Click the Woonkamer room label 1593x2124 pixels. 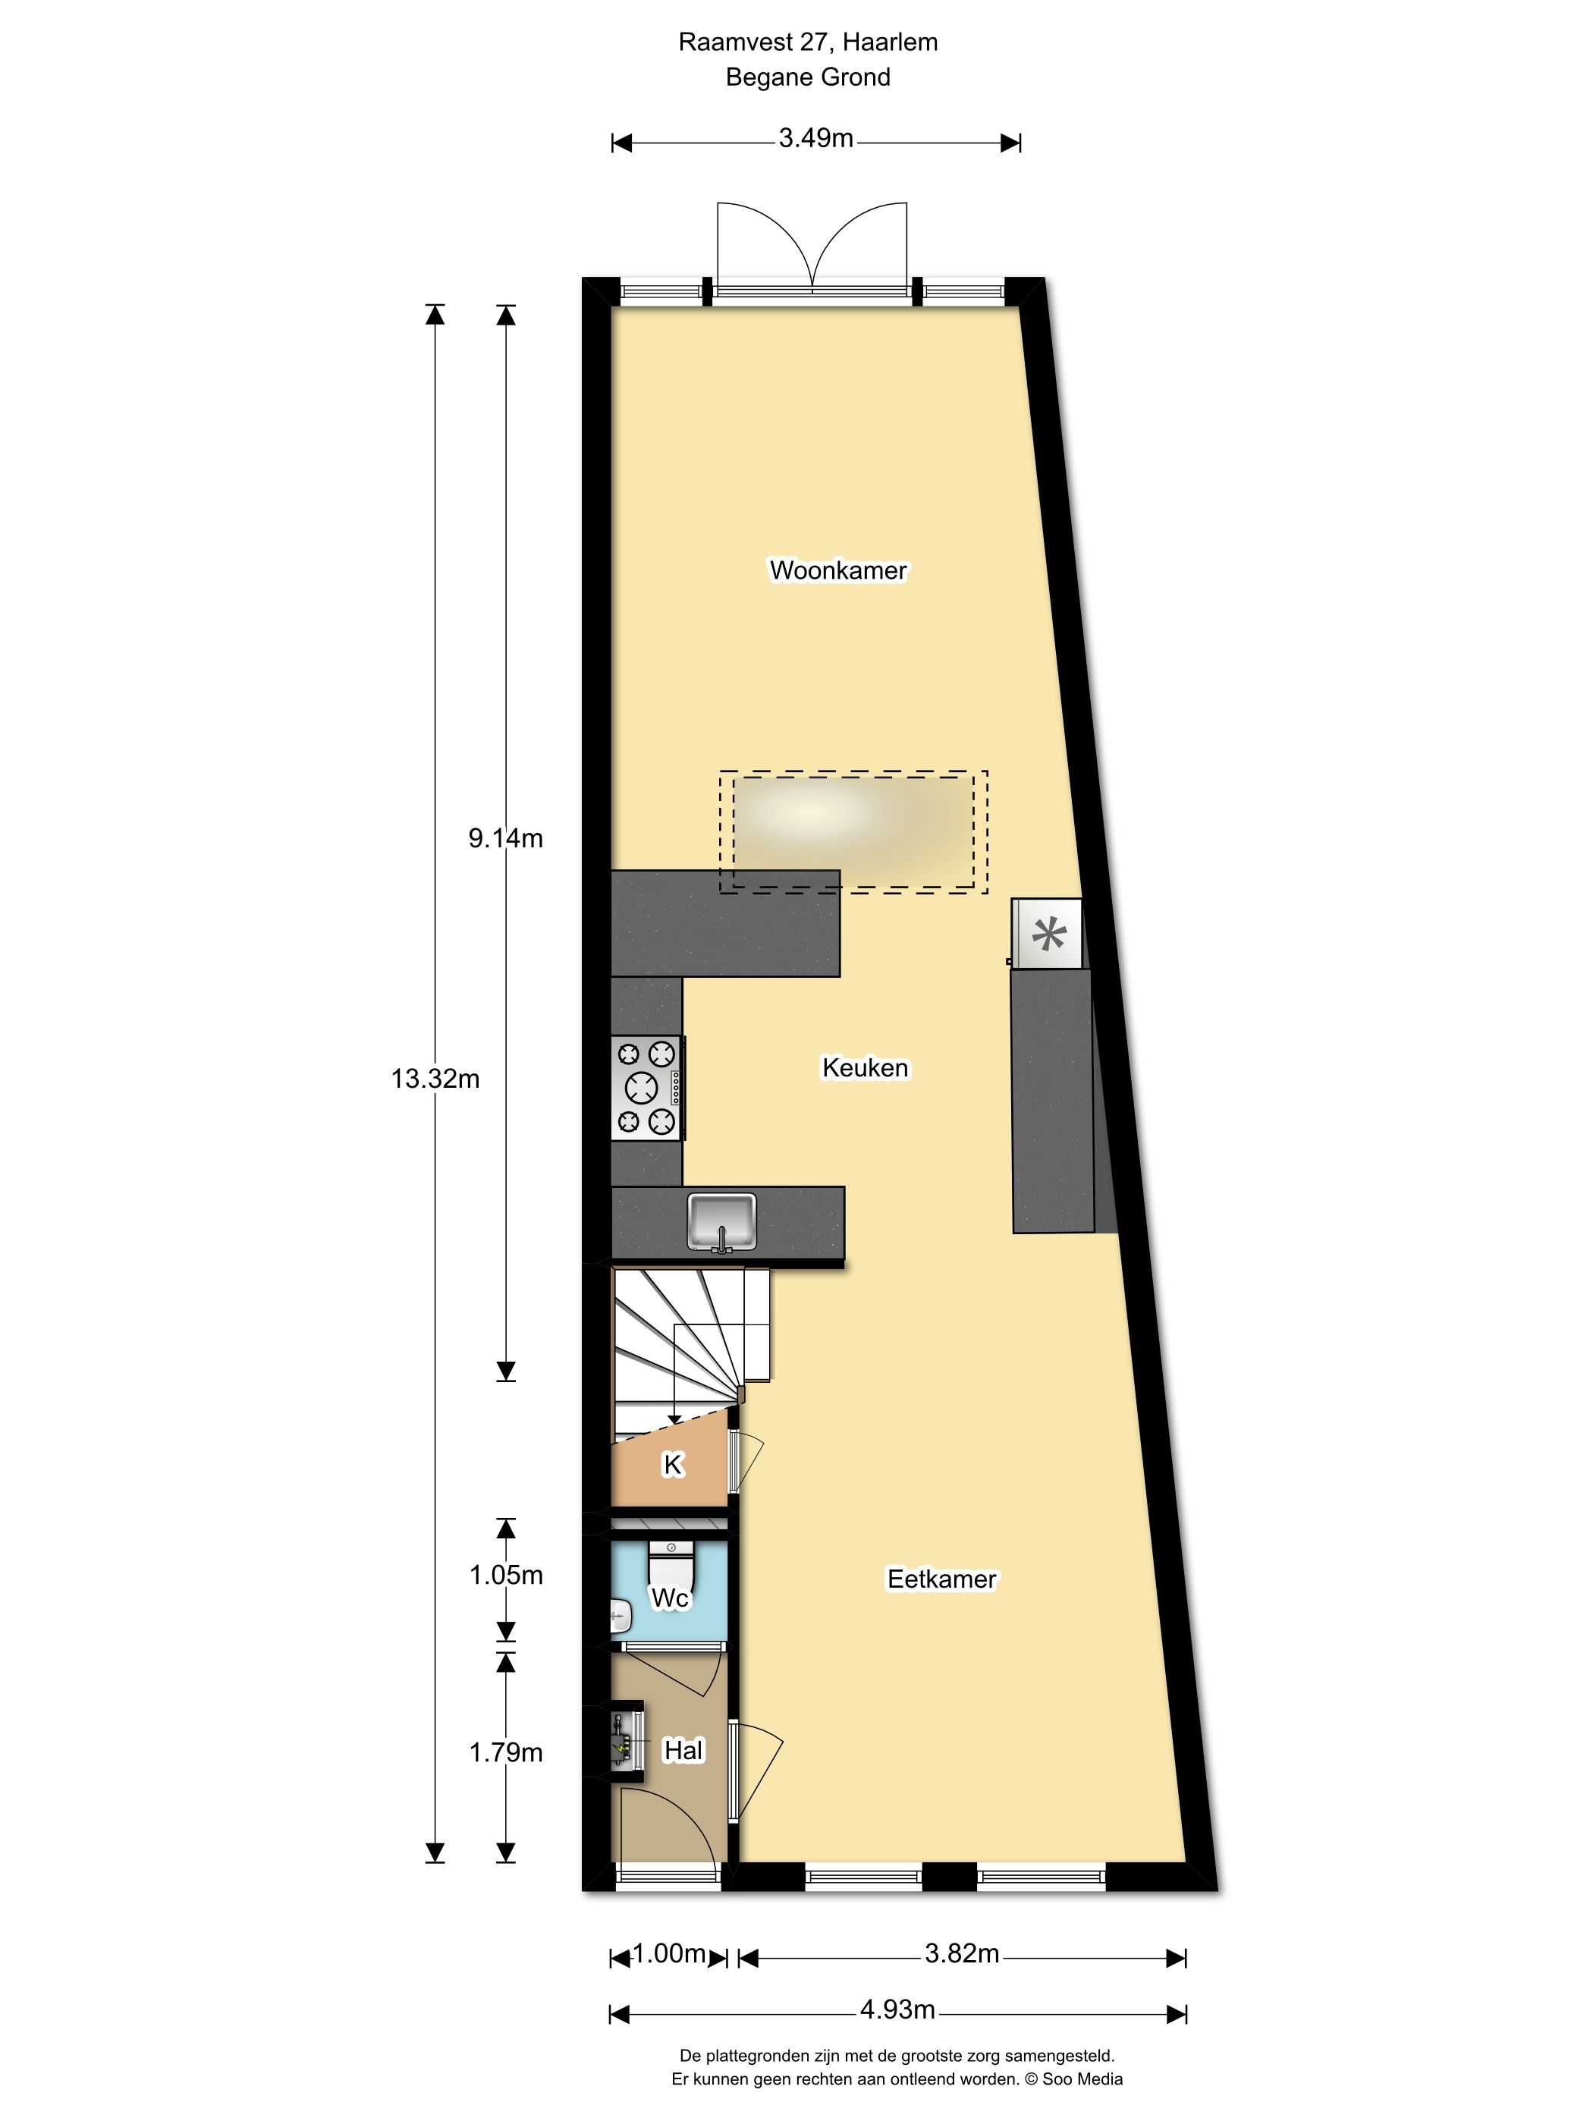click(x=837, y=570)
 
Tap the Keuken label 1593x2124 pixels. click(x=864, y=1068)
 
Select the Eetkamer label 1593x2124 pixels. click(x=941, y=1579)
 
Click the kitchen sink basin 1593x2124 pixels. click(x=722, y=1221)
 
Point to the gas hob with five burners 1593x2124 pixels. click(x=646, y=1088)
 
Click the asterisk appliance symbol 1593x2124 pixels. click(x=1048, y=933)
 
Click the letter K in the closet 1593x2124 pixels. click(x=672, y=1464)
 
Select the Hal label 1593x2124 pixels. click(x=683, y=1751)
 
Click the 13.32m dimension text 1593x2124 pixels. click(x=435, y=1079)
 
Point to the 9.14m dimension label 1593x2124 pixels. click(x=505, y=838)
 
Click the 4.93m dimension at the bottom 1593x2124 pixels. click(x=897, y=2009)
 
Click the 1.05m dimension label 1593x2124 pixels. click(x=505, y=1575)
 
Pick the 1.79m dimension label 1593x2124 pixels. click(x=505, y=1752)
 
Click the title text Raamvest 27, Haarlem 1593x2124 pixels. click(x=808, y=42)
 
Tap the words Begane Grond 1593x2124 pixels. click(x=808, y=77)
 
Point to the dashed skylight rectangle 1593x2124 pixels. click(x=853, y=831)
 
